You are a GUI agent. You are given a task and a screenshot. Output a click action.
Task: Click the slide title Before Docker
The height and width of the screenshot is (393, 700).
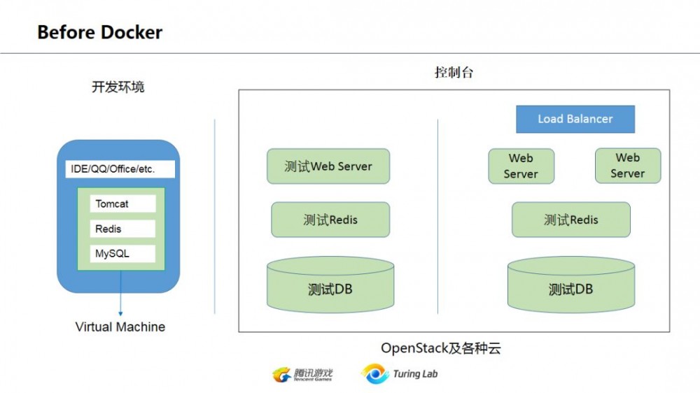(99, 32)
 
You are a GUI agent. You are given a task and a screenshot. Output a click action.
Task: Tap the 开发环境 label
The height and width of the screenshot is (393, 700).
(118, 87)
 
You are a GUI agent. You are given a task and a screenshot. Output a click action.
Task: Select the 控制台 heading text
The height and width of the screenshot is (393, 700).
(454, 72)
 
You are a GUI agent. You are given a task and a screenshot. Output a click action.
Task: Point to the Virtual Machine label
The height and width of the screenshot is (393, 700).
(120, 327)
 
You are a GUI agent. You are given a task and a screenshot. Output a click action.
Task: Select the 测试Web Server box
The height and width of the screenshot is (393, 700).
(328, 166)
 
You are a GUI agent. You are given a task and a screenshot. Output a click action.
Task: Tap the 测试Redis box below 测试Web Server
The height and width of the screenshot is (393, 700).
(330, 220)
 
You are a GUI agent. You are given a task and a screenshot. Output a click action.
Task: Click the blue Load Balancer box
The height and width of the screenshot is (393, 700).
(575, 119)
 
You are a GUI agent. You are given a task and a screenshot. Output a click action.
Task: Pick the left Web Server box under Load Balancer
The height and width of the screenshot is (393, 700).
(521, 166)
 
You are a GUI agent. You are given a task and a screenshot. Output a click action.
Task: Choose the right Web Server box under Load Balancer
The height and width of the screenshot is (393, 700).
(628, 166)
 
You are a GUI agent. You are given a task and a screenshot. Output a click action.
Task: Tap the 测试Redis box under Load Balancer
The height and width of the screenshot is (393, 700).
(571, 220)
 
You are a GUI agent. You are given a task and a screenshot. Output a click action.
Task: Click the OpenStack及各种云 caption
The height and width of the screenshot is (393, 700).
(441, 348)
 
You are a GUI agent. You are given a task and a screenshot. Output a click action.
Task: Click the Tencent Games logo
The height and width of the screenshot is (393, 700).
(302, 374)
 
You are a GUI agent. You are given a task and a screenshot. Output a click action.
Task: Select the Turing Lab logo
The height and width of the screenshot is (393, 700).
(400, 374)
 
